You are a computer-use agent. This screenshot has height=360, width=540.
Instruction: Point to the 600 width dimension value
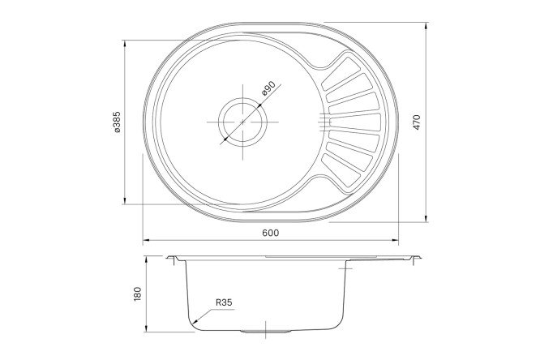pos(270,234)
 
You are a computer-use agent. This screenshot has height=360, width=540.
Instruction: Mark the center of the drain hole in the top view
pos(242,122)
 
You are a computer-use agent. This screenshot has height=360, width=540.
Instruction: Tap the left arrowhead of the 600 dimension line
pos(145,241)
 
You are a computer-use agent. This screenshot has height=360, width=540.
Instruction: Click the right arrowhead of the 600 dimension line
pos(394,241)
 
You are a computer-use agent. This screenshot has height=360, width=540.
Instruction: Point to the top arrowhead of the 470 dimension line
pos(427,25)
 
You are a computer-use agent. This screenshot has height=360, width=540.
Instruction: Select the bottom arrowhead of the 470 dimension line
pos(427,217)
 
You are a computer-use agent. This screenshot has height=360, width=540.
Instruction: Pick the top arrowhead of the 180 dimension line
pos(146,259)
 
